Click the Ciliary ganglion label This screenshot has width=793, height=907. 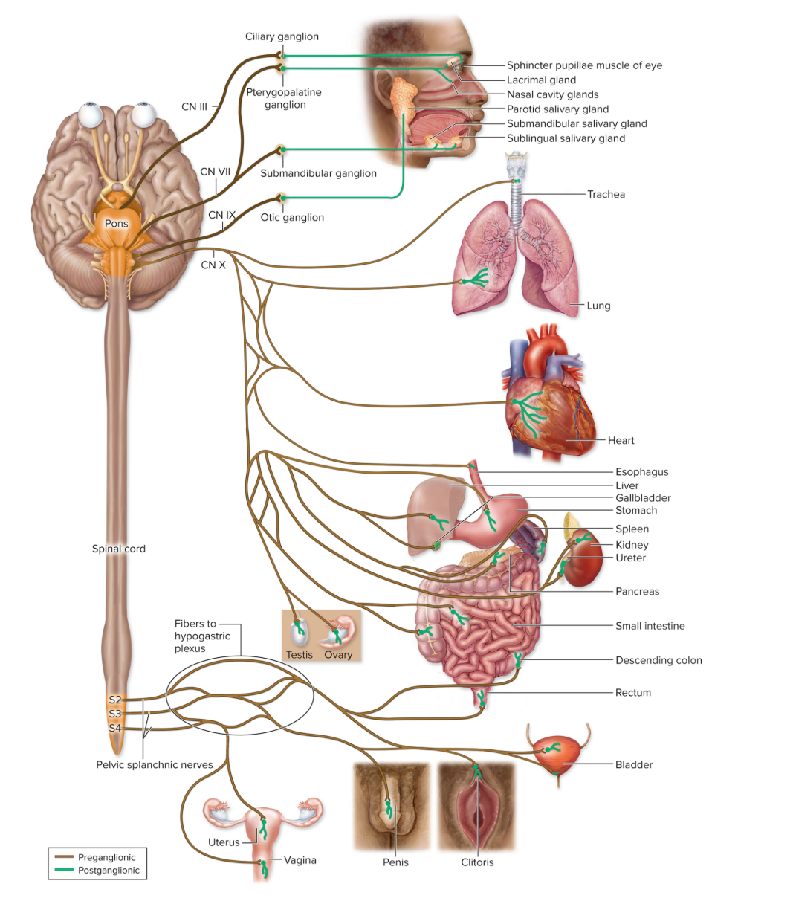tap(282, 36)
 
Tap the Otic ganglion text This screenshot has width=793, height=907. tap(292, 217)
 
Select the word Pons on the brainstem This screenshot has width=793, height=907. tap(116, 223)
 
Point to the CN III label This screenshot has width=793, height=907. tap(194, 106)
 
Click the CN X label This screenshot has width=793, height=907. tap(213, 265)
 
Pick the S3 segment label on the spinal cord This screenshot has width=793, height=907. tap(114, 714)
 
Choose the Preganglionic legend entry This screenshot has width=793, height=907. tap(106, 857)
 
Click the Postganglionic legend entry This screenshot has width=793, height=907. tap(109, 871)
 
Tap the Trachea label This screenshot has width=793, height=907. tap(606, 194)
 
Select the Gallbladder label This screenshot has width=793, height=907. tap(643, 497)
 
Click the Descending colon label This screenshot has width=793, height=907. tap(658, 660)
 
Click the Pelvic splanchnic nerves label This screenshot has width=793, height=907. tap(155, 764)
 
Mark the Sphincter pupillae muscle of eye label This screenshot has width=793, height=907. tap(584, 65)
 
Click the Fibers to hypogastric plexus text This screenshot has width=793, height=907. tap(202, 636)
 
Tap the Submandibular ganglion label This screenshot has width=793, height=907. tap(318, 173)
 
